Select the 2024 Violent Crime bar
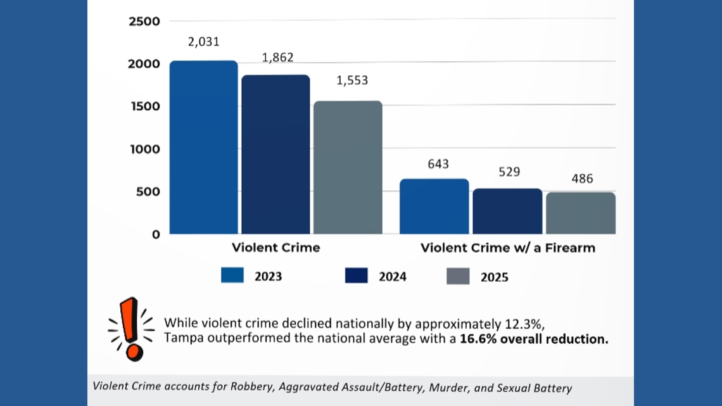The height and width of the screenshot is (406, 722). [275, 155]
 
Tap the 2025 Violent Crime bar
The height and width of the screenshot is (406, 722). [348, 167]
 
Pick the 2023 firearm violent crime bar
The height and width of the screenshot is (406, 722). [434, 206]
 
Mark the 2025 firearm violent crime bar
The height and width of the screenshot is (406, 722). [581, 213]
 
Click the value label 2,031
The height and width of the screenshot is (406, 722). [203, 42]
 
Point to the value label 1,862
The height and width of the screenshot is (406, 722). [277, 58]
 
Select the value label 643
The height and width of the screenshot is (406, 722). [438, 164]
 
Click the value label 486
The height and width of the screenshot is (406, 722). [582, 179]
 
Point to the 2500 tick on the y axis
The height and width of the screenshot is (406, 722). [144, 22]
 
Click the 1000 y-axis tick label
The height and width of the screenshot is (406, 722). [144, 149]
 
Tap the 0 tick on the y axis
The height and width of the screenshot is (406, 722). [156, 234]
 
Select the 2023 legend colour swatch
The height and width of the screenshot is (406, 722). [232, 276]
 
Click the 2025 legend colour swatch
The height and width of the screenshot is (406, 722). [458, 276]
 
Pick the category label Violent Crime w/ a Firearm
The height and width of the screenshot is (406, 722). [508, 248]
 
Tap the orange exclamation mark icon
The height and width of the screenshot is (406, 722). [131, 328]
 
